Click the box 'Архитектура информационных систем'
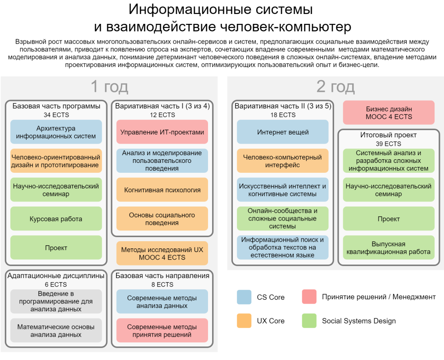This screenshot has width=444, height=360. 56,132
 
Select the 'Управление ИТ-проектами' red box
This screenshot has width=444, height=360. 162,132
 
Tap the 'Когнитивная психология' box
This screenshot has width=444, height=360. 162,190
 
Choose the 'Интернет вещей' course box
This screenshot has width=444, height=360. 283,132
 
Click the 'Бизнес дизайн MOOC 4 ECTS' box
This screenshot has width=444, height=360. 389,112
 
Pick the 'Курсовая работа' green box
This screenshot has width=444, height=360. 56,219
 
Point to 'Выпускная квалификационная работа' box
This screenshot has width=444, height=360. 389,248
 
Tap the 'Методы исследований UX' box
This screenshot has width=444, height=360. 162,253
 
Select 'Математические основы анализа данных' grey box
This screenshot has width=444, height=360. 56,331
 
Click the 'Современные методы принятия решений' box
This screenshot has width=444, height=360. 162,331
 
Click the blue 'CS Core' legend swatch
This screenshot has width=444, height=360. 244,297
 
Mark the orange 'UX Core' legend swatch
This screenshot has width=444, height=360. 244,321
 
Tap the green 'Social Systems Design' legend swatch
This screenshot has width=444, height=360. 309,321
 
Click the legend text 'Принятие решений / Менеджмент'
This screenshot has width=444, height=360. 379,297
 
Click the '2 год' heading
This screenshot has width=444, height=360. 335,86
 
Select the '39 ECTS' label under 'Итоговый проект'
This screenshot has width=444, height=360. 389,144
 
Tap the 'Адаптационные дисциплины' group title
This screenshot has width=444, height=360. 56,275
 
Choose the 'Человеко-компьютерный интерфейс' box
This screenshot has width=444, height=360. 283,161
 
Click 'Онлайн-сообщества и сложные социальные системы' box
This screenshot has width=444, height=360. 283,219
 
